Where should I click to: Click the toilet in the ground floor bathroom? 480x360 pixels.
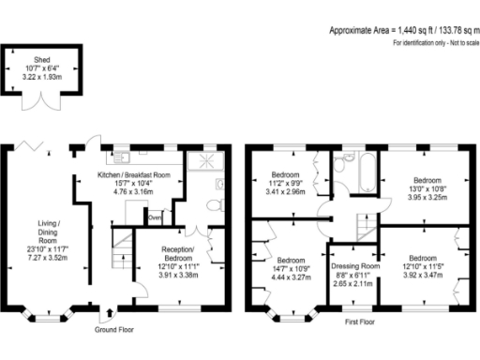[x=213, y=203]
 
